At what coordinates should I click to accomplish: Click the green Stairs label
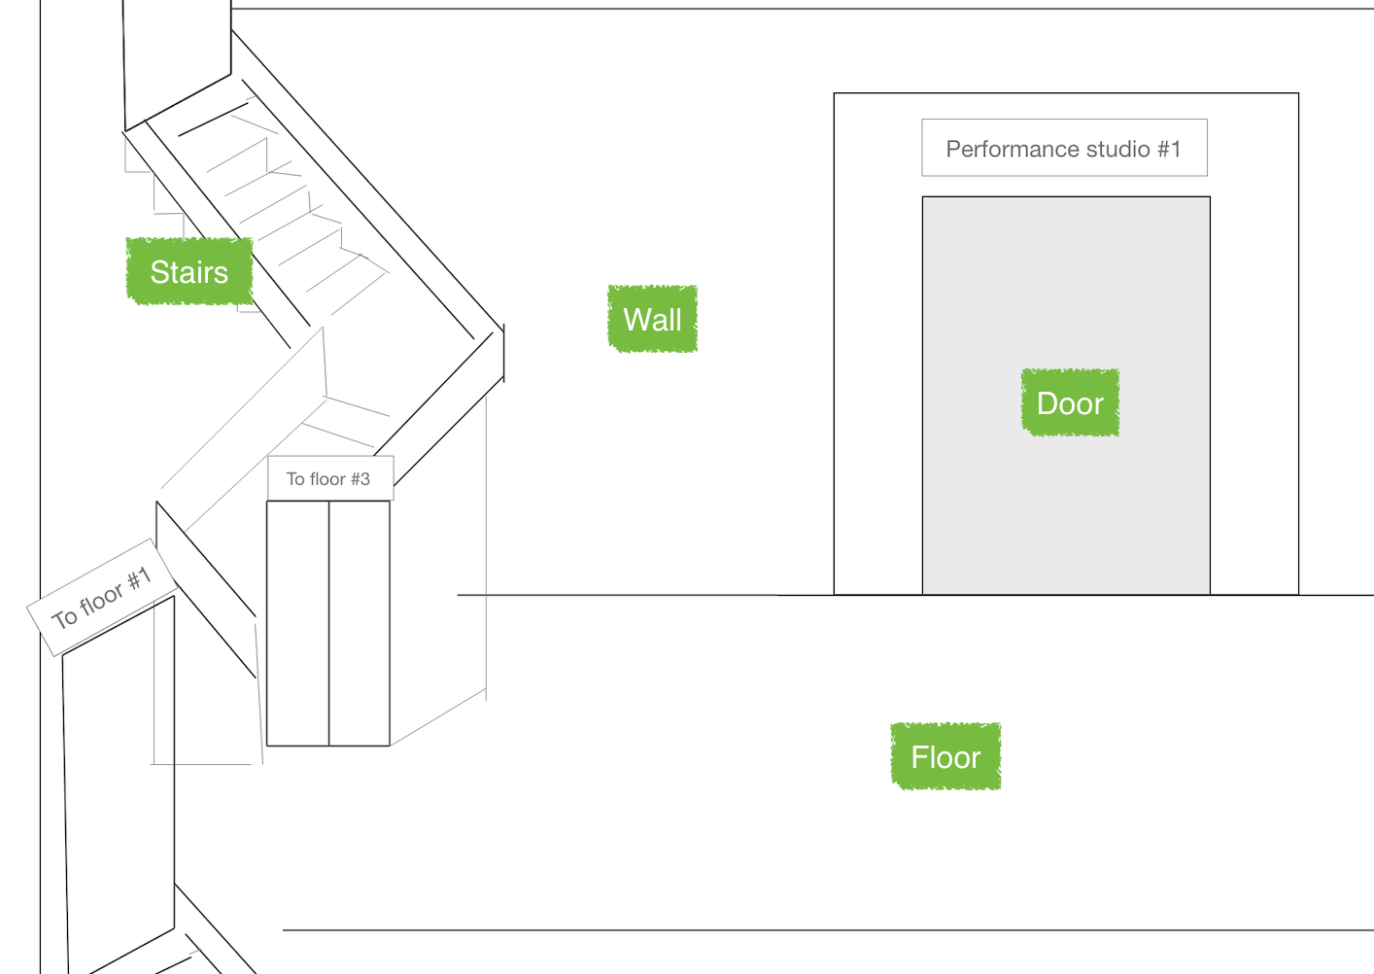(189, 272)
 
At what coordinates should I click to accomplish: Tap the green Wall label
(652, 320)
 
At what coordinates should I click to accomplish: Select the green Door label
(1070, 403)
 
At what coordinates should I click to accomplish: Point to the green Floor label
(945, 757)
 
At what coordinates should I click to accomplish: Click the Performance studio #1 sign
(1064, 149)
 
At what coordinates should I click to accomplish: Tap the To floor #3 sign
(329, 479)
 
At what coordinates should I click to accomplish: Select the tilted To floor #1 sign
(102, 597)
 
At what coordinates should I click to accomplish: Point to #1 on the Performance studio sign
(1168, 150)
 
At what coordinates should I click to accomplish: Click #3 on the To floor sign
(361, 479)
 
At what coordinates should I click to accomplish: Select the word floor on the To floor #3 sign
(327, 479)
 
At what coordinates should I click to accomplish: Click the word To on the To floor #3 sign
(295, 479)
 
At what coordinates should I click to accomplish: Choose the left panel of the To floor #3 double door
(298, 622)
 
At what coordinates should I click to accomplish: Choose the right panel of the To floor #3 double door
(360, 622)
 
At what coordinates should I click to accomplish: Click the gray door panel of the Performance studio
(1066, 505)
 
